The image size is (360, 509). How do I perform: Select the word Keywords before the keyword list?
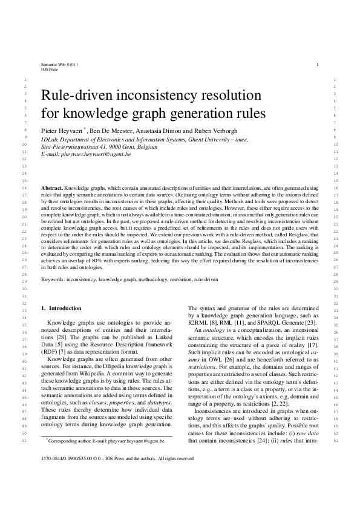53,280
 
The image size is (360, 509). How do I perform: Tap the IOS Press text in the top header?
49,68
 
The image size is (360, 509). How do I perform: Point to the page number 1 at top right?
317,63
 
